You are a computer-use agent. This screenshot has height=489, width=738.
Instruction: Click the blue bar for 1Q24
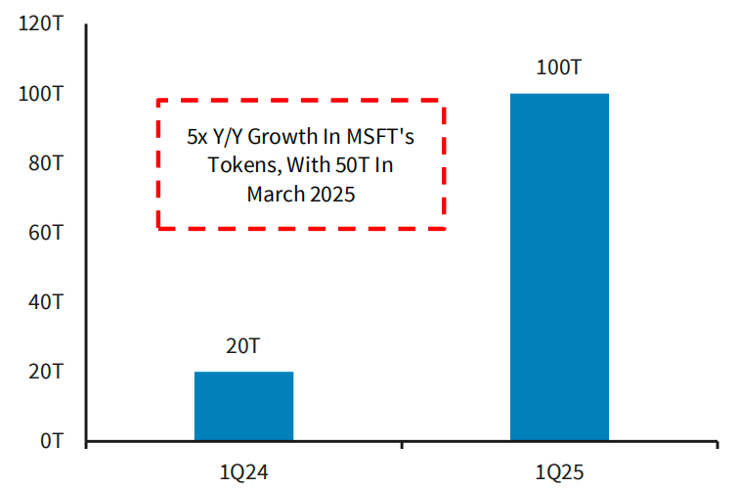pos(243,406)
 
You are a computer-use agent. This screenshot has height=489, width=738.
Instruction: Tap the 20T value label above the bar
pos(243,346)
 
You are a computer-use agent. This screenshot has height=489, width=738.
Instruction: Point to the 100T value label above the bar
pos(559,68)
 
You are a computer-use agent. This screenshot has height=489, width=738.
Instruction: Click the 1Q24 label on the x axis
pos(243,473)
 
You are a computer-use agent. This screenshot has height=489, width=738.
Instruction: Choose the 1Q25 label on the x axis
pos(559,473)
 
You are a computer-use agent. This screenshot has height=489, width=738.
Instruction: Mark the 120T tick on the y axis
pos(41,24)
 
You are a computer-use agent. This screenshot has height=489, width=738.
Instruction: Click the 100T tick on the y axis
pos(41,94)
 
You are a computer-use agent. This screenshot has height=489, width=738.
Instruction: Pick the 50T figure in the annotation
pos(353,166)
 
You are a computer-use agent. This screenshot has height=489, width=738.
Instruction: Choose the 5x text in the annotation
pos(197,138)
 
